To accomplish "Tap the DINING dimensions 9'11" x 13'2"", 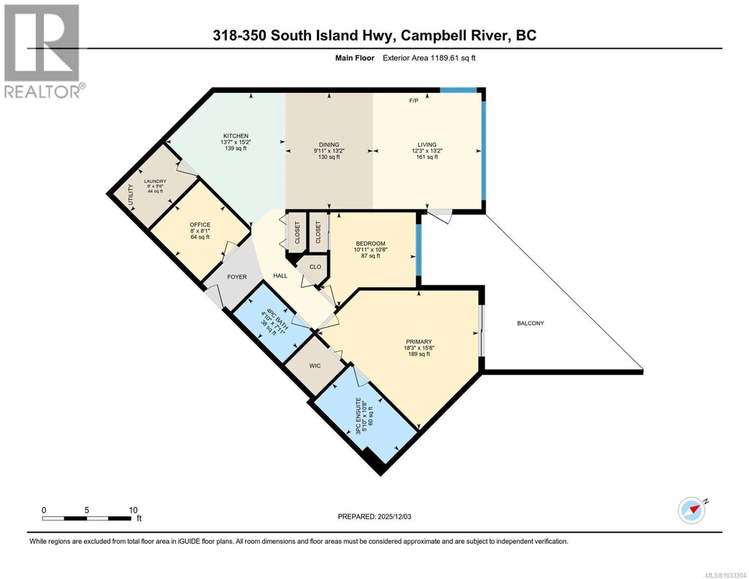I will click(329, 151).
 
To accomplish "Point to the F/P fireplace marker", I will click(414, 101).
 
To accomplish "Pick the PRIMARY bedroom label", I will click(419, 342).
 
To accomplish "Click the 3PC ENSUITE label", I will click(358, 416).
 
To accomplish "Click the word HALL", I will click(280, 276).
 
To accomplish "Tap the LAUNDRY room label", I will click(155, 181).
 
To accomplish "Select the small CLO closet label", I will click(315, 267).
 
